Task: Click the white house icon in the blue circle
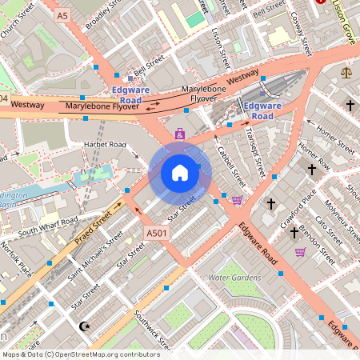coord(180,173)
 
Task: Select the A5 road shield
coord(62,14)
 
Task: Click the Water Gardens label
coord(234,277)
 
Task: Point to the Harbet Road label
coord(106,145)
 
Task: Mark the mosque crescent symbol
coord(85,326)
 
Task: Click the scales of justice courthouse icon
coord(346,72)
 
